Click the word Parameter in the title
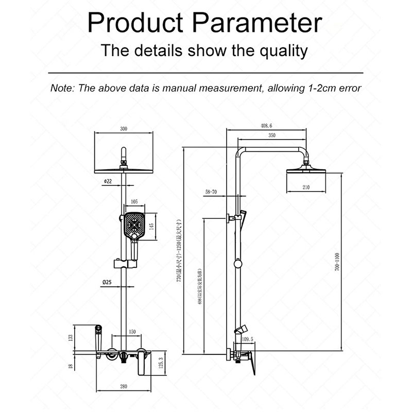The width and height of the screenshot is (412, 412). (x=260, y=23)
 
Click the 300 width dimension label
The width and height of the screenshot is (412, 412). (x=123, y=129)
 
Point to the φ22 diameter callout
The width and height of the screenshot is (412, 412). (x=108, y=181)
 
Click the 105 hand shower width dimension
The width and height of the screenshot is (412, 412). (x=134, y=201)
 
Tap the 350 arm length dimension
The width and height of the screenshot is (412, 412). (x=272, y=135)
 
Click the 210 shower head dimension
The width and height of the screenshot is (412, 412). (x=306, y=187)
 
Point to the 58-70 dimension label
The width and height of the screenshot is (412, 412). (x=211, y=192)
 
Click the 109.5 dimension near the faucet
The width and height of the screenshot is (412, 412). (x=248, y=339)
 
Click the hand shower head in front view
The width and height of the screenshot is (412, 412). (x=133, y=226)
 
